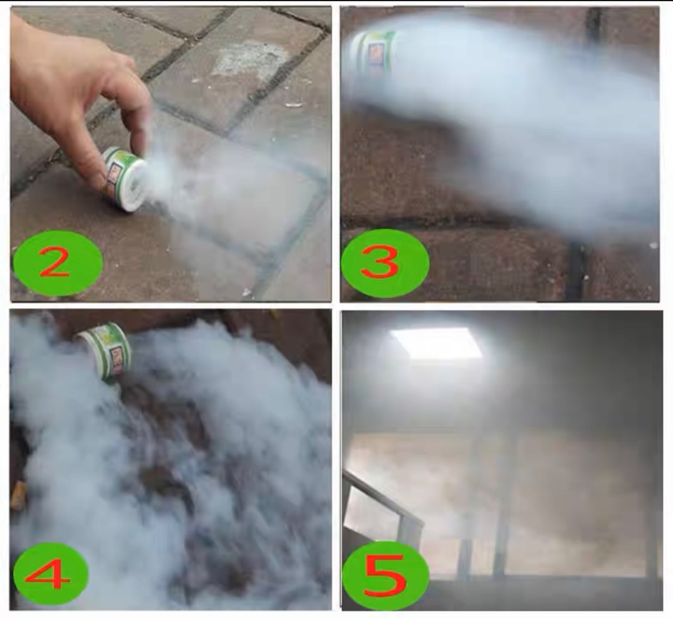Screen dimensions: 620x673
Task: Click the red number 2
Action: [55, 264]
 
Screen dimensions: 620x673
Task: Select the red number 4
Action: [49, 575]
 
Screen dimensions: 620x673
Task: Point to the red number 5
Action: [384, 575]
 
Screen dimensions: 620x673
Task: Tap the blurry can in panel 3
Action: [373, 56]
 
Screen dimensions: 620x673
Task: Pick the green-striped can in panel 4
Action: [106, 349]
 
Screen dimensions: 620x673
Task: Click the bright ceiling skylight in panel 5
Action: [436, 343]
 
